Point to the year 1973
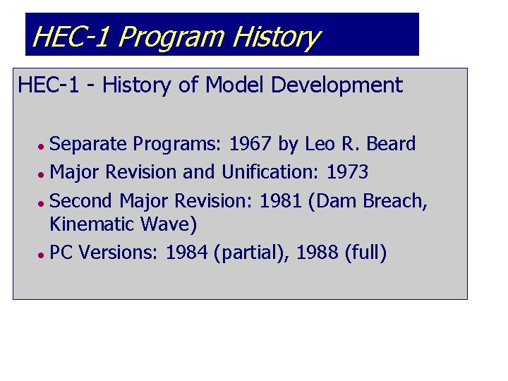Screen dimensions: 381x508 347,172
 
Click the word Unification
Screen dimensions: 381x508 271,172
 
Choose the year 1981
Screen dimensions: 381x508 280,201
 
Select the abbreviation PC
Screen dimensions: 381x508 63,253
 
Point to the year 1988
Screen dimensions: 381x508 317,253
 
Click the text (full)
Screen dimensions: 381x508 365,253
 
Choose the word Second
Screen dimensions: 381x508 83,201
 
